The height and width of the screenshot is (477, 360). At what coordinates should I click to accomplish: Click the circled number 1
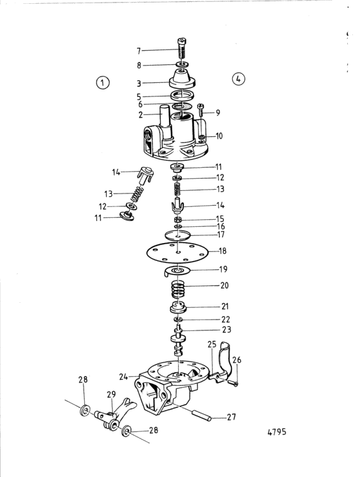103,82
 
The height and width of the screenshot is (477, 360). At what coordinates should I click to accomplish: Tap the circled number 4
239,79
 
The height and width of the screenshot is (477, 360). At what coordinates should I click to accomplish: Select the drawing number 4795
277,432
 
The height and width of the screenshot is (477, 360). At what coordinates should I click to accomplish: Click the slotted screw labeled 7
182,49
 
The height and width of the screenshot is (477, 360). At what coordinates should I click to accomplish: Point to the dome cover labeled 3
183,78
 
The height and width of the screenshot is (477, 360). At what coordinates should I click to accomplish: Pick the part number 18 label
223,251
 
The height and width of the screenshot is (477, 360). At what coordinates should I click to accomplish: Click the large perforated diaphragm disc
177,252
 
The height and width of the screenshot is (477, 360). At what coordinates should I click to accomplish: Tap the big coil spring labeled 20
178,289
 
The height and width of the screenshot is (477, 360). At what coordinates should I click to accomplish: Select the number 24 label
123,377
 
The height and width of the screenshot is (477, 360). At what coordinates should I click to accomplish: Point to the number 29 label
111,394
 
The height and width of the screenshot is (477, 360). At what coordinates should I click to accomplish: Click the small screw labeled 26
233,382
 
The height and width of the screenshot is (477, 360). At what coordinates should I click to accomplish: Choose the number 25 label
212,345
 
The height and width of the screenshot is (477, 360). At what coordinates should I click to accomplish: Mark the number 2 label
140,115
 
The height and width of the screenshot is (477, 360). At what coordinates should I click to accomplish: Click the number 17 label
221,235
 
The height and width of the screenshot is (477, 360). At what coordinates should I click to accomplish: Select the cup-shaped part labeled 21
178,307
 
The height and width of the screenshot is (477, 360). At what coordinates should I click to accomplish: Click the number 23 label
226,329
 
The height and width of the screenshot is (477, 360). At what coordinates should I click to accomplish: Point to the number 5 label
139,96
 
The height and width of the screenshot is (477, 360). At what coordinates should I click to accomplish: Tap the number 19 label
223,269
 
